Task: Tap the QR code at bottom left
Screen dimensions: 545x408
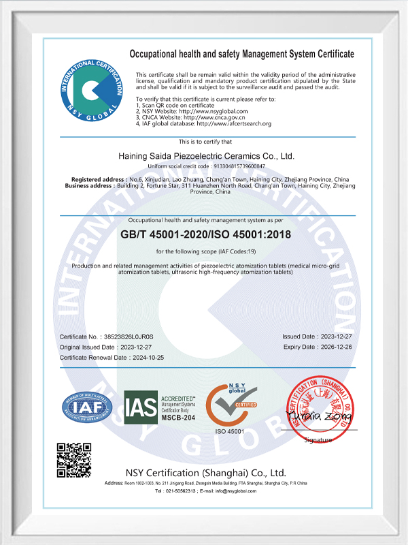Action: coord(73,460)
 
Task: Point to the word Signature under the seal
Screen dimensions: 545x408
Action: coord(318,440)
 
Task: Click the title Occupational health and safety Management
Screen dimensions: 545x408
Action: coord(241,54)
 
